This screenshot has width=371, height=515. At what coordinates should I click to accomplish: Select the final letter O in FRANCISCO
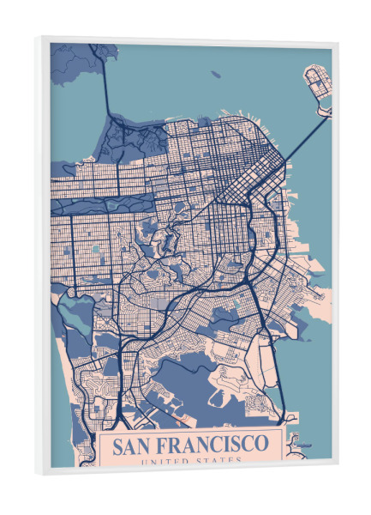261,445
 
